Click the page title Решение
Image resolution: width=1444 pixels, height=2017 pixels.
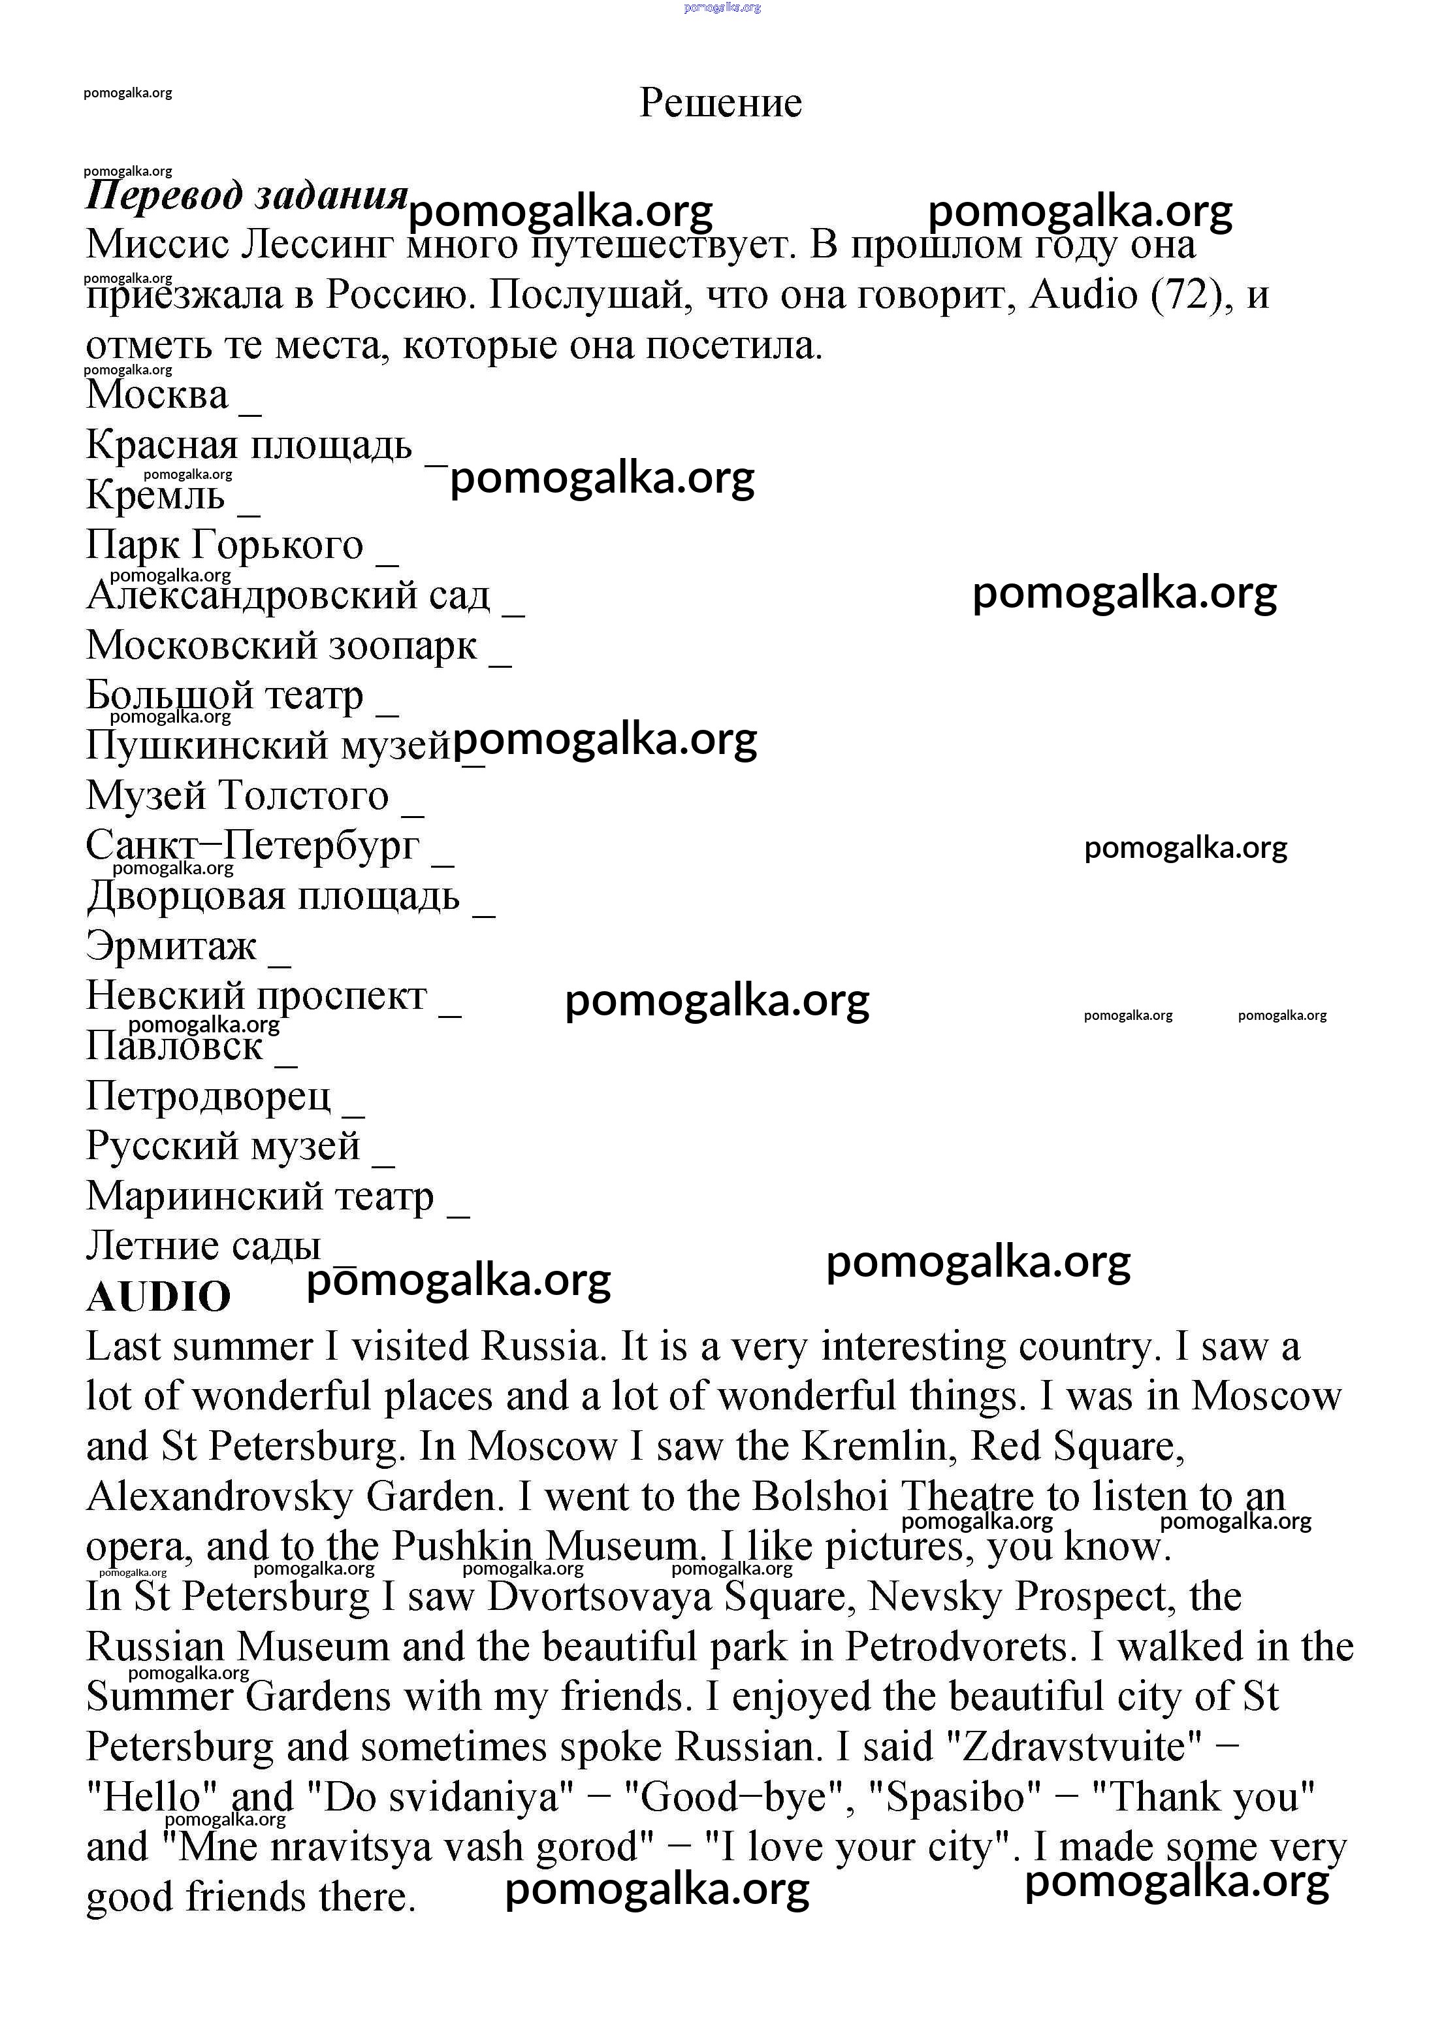[720, 103]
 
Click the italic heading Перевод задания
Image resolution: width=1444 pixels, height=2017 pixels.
[246, 195]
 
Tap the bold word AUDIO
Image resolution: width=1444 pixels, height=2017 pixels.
[158, 1296]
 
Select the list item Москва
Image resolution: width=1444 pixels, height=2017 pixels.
[157, 395]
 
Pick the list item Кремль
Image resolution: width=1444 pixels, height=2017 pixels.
[155, 495]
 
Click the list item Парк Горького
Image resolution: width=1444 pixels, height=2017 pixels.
[224, 545]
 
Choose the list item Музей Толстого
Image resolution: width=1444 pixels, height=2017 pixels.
[238, 796]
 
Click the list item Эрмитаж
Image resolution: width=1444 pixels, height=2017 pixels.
[170, 946]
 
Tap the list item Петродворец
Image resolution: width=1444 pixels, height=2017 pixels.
[208, 1096]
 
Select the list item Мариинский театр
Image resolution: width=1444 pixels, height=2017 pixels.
[260, 1197]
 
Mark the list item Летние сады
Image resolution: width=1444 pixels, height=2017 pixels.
[202, 1247]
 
